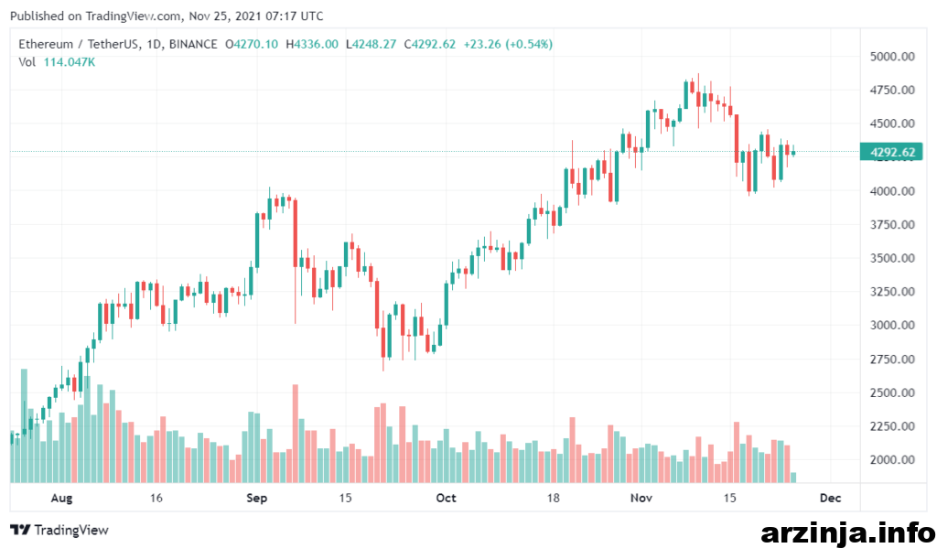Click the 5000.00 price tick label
pos(892,57)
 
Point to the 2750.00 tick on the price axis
pos(892,360)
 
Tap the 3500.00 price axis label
pos(892,258)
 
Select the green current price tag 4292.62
pos(891,152)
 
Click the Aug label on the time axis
pos(61,499)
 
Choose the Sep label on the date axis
pos(256,499)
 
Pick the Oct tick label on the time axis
pos(446,499)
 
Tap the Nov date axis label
pos(641,499)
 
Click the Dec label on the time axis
pos(830,499)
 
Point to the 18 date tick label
pos(553,499)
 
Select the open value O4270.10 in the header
pos(252,44)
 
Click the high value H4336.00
pos(312,44)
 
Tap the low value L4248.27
pos(372,44)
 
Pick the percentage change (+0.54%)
pos(529,44)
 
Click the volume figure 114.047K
pos(70,62)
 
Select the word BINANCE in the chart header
pos(193,44)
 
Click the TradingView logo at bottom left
pos(59,530)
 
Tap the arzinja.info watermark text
pos(847,532)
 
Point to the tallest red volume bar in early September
pos(296,434)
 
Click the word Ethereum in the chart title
pos(46,44)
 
